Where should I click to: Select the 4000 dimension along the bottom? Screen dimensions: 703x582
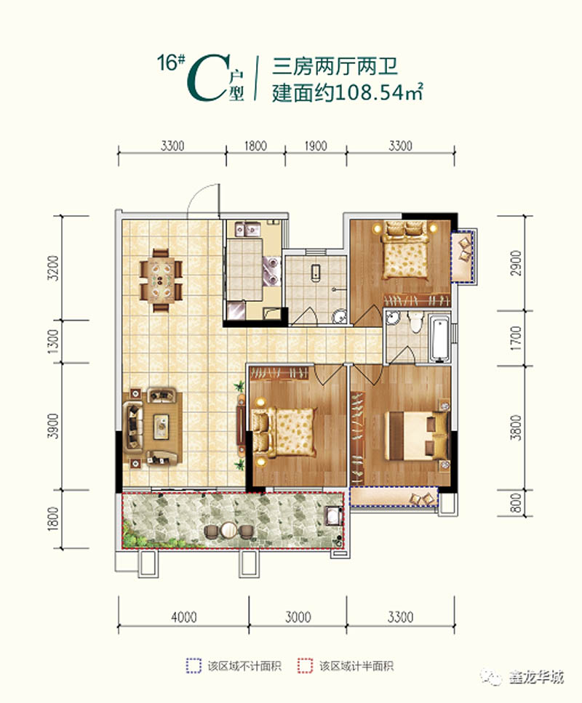pyautogui.click(x=184, y=618)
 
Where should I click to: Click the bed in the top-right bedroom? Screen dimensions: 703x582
pyautogui.click(x=404, y=251)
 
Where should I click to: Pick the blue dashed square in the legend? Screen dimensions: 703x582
pyautogui.click(x=194, y=665)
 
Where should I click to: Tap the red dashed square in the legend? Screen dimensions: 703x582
pyautogui.click(x=305, y=665)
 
